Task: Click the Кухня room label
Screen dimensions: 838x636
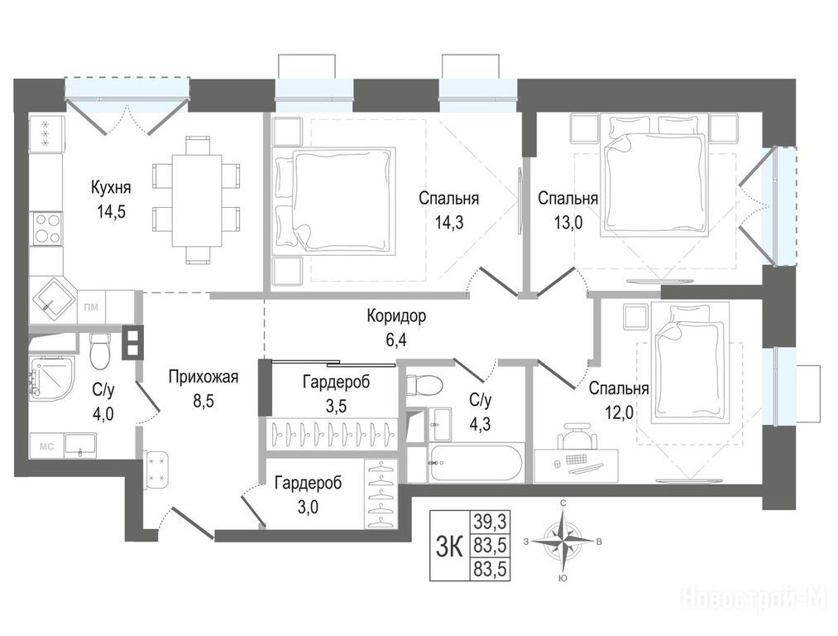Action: coord(111,188)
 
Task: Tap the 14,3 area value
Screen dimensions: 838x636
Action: coord(448,222)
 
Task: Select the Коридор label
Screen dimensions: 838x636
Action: coord(396,316)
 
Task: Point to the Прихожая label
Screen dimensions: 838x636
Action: coord(203,377)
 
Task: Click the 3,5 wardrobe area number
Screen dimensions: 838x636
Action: coord(336,406)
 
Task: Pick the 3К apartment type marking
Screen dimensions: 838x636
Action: coord(448,546)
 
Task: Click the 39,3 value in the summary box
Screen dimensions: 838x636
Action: coord(489,520)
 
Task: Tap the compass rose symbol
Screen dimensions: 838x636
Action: coord(563,541)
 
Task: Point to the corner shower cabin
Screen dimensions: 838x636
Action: coord(51,377)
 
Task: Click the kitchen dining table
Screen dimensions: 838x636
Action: coord(197,200)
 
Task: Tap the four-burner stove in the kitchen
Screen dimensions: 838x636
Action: coord(47,228)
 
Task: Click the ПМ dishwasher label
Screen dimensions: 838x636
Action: coord(91,307)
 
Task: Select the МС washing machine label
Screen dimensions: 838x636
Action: coord(46,446)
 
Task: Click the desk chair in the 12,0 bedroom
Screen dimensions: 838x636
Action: coord(577,436)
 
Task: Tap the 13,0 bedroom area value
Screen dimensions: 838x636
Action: coord(567,222)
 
